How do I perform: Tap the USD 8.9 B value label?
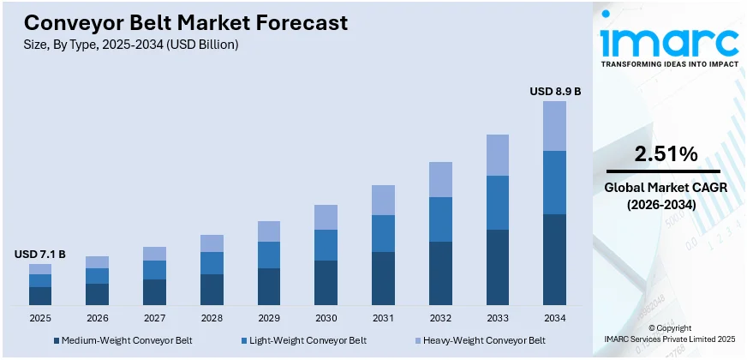click(x=555, y=91)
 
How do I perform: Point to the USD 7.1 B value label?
click(x=39, y=254)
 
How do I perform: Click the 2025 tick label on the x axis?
click(x=39, y=318)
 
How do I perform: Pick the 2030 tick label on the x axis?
click(x=326, y=318)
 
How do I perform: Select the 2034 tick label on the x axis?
click(x=554, y=318)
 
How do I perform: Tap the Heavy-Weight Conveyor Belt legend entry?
click(x=481, y=340)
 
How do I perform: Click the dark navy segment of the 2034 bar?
click(x=554, y=259)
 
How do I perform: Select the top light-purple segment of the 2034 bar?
click(x=554, y=126)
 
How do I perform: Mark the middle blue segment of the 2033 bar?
click(x=498, y=202)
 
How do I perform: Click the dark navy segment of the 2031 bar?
click(x=383, y=278)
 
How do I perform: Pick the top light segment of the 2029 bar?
click(x=269, y=231)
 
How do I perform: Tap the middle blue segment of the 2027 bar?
click(x=154, y=270)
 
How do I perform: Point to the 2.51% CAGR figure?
click(x=665, y=154)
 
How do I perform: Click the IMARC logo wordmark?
click(x=669, y=41)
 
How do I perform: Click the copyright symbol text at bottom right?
click(x=669, y=328)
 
